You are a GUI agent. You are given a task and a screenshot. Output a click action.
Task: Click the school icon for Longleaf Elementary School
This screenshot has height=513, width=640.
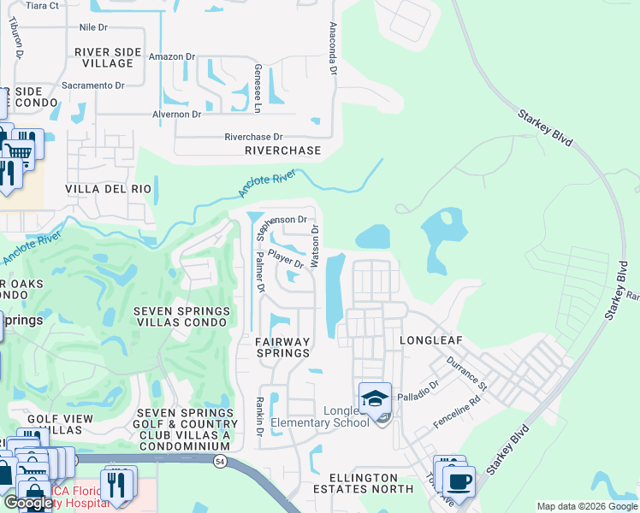tap(375, 398)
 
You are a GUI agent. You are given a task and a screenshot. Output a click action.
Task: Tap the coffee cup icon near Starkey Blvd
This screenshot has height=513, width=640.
tap(459, 481)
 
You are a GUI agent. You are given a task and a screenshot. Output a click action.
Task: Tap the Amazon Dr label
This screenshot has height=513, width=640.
tap(173, 56)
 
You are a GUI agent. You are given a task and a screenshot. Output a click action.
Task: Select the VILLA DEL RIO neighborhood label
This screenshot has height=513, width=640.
tap(109, 188)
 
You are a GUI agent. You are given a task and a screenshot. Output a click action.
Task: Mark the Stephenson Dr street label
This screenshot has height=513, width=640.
tap(279, 220)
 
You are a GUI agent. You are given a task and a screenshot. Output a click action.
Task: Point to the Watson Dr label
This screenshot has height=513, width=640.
tap(315, 245)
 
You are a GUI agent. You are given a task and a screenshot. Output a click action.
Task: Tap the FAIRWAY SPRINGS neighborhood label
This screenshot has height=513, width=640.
tap(282, 346)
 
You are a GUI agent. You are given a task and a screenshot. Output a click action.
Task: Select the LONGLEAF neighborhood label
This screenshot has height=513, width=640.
tap(431, 340)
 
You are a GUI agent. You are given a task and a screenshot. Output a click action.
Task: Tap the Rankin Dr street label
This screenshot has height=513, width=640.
tap(258, 416)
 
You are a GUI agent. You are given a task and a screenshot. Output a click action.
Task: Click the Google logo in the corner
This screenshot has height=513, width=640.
tap(28, 504)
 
